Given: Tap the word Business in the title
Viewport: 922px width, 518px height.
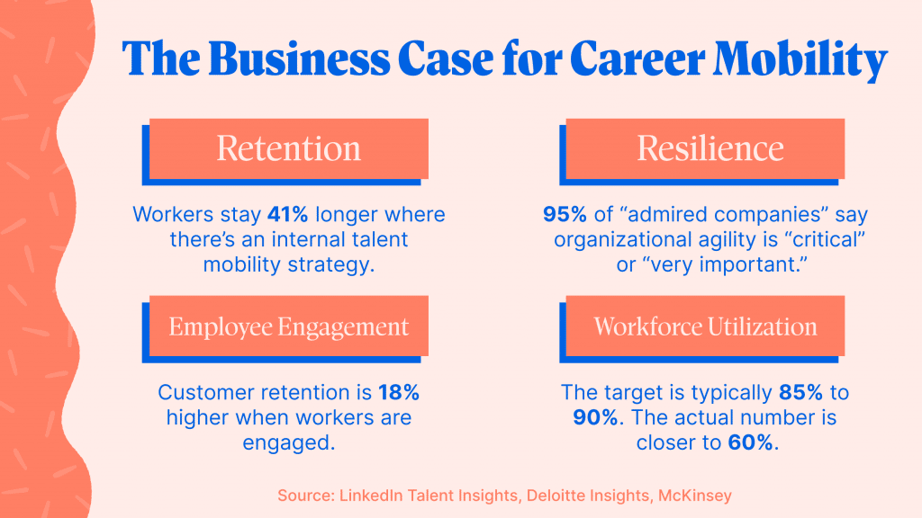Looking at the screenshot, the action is click(x=299, y=58).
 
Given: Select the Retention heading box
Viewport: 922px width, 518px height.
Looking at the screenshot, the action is click(x=289, y=148).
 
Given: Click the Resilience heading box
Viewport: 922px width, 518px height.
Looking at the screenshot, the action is click(x=705, y=148).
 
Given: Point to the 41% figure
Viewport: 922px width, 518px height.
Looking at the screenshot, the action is click(x=287, y=214).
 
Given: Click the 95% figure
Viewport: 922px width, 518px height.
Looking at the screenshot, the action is click(x=565, y=214).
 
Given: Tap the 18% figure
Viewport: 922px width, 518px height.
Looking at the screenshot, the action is click(x=399, y=392).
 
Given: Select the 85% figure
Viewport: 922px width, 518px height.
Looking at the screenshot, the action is click(x=800, y=392).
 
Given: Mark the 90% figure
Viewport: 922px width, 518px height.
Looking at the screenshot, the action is click(x=595, y=417).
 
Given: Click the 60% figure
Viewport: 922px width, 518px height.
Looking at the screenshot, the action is click(x=750, y=442).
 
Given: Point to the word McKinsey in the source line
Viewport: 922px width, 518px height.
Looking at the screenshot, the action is click(x=694, y=496).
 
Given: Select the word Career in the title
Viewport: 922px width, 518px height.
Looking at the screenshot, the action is click(x=637, y=58).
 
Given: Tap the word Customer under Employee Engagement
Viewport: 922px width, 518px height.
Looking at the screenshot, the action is click(x=206, y=392).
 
